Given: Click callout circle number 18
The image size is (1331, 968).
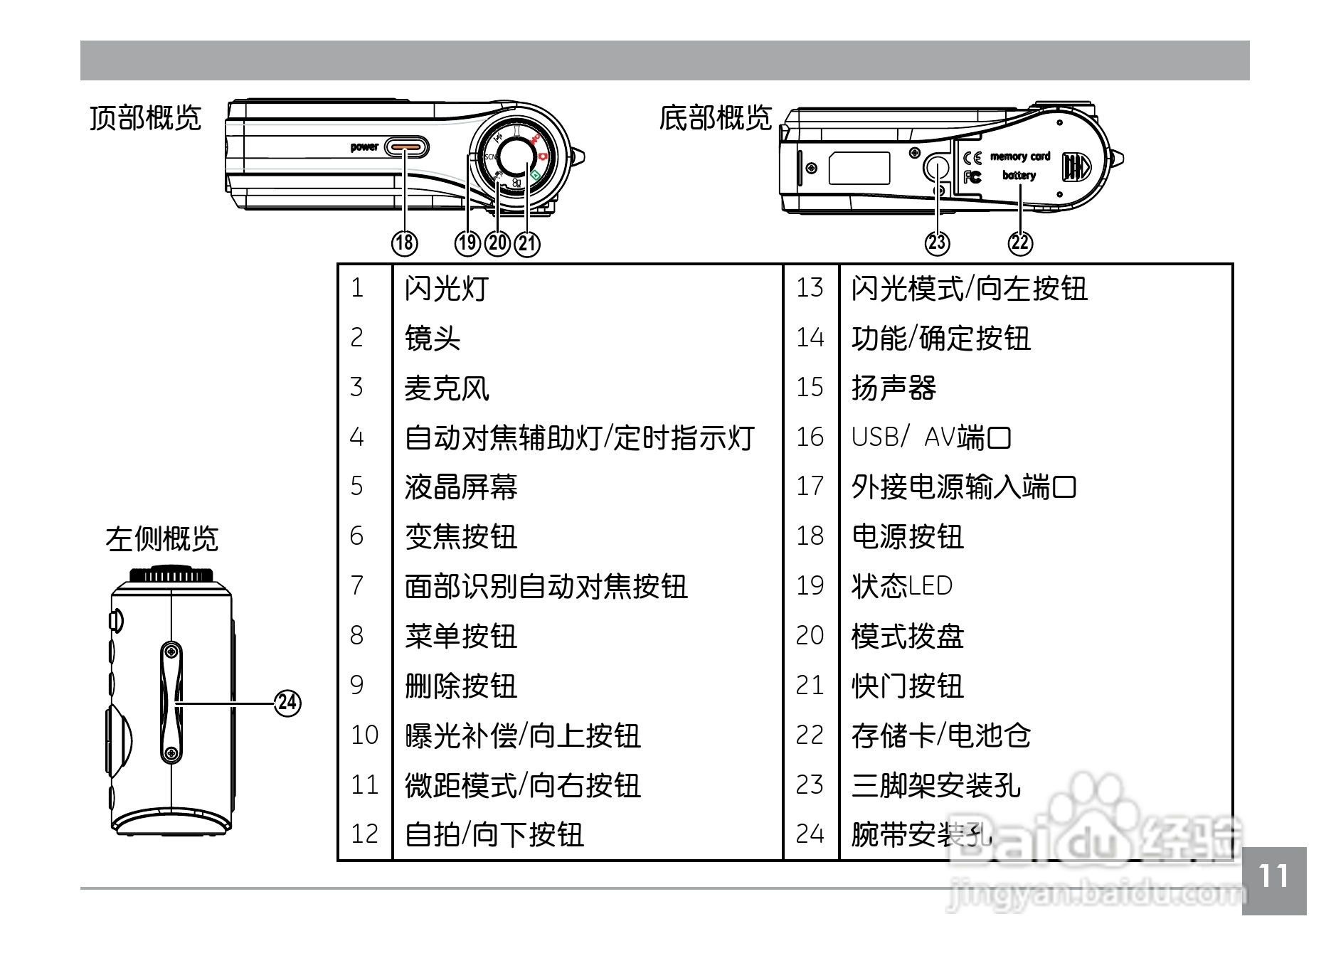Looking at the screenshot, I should point(404,243).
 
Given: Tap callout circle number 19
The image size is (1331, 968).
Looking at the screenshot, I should point(467,243).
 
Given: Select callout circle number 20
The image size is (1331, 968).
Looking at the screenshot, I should point(497,243).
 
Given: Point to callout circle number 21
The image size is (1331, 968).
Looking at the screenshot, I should point(527,243).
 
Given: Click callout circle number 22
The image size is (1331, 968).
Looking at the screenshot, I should point(1020,243).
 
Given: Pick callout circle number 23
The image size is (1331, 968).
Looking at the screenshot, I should point(937,243).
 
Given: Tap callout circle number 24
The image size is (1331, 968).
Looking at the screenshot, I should point(287,703).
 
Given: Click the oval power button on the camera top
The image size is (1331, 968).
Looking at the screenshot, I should point(406,147).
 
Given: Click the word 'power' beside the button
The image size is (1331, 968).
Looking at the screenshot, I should point(364,147).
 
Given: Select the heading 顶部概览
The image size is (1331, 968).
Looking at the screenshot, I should point(146,118).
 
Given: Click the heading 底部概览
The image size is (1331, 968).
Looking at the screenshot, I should point(715,118).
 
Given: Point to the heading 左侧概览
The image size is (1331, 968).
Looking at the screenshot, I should point(162,539).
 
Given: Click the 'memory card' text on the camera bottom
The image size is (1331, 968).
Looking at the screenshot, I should point(1020,156).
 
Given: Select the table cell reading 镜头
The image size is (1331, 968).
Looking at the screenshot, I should point(433,338).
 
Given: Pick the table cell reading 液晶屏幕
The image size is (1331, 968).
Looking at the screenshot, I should point(461,487).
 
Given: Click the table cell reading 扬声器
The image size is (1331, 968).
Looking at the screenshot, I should point(893,388).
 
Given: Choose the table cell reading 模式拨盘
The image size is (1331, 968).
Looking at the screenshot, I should point(907,636).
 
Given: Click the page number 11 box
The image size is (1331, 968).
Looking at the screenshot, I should point(1273,880).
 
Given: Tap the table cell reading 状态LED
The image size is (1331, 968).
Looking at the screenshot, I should point(901,586).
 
